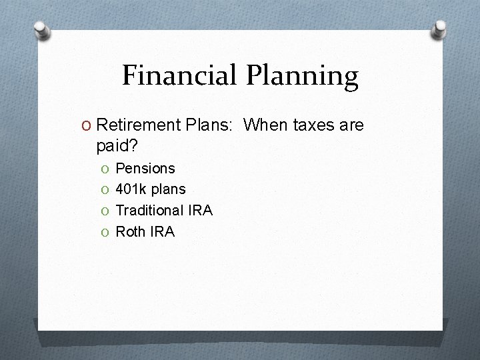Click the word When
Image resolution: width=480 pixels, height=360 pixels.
tap(265, 125)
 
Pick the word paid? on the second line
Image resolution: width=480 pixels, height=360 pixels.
tap(117, 145)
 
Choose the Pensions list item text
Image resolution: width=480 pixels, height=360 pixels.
tap(145, 169)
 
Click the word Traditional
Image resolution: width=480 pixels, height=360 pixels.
tap(149, 211)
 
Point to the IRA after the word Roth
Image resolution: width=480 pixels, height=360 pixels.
tap(162, 232)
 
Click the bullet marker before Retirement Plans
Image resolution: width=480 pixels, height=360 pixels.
tap(87, 125)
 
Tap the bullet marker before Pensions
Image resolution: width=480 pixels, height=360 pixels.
tap(105, 169)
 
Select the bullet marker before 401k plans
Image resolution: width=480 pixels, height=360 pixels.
tap(105, 190)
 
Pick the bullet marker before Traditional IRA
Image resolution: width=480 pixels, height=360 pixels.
tap(105, 211)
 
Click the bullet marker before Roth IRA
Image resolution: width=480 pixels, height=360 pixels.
tap(105, 233)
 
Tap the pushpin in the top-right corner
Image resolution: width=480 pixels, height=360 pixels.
tap(440, 28)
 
